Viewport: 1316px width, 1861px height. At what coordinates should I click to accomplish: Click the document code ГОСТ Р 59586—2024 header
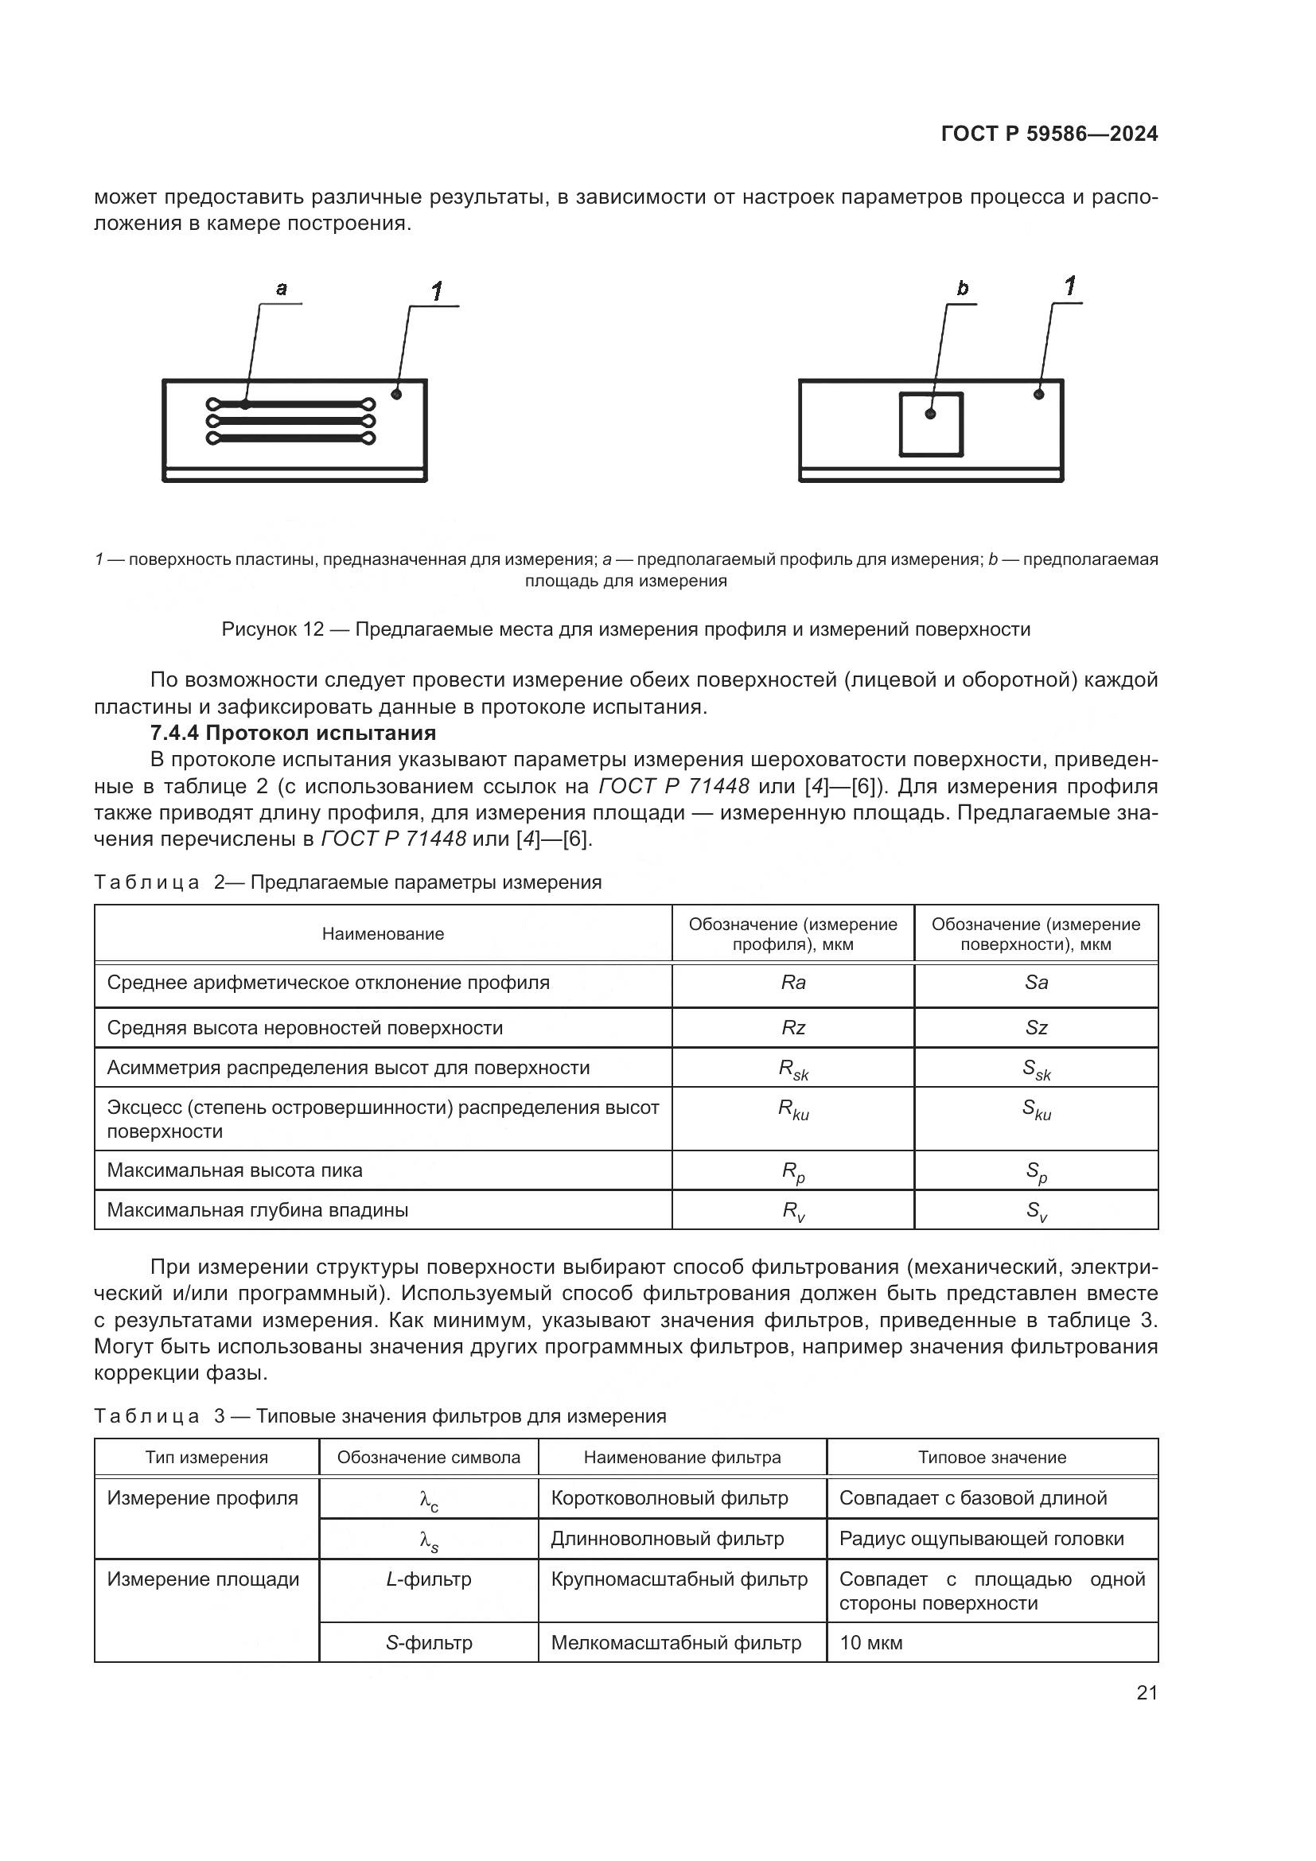[x=1049, y=134]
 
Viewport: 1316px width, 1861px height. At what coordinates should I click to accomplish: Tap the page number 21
[x=1146, y=1693]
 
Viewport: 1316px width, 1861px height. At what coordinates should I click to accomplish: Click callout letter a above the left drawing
[x=281, y=289]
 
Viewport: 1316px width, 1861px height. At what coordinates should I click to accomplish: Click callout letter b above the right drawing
[x=962, y=289]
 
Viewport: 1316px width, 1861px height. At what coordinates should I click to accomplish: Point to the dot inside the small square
[x=930, y=415]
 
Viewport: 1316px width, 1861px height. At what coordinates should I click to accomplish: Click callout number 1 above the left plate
[x=437, y=291]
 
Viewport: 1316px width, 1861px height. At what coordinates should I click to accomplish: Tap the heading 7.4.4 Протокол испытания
[x=294, y=733]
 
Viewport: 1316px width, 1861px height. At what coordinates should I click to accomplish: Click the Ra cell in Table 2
[x=792, y=983]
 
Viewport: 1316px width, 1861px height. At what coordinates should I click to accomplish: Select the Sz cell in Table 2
[x=1036, y=1028]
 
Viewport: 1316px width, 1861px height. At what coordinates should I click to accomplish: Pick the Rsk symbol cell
[x=792, y=1070]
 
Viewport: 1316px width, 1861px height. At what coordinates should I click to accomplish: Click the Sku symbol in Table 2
[x=1036, y=1110]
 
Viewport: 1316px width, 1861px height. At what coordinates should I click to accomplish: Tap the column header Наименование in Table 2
[x=383, y=934]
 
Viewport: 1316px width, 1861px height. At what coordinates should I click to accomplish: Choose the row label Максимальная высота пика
[x=235, y=1170]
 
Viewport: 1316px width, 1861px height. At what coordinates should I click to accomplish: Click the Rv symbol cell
[x=792, y=1211]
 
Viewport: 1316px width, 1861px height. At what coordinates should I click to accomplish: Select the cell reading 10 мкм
[x=871, y=1643]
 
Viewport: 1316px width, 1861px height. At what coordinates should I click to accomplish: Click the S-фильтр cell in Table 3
[x=429, y=1643]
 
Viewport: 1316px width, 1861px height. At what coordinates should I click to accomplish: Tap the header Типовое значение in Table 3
[x=992, y=1458]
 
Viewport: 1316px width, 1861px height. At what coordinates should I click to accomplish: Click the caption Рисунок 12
[x=625, y=630]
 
